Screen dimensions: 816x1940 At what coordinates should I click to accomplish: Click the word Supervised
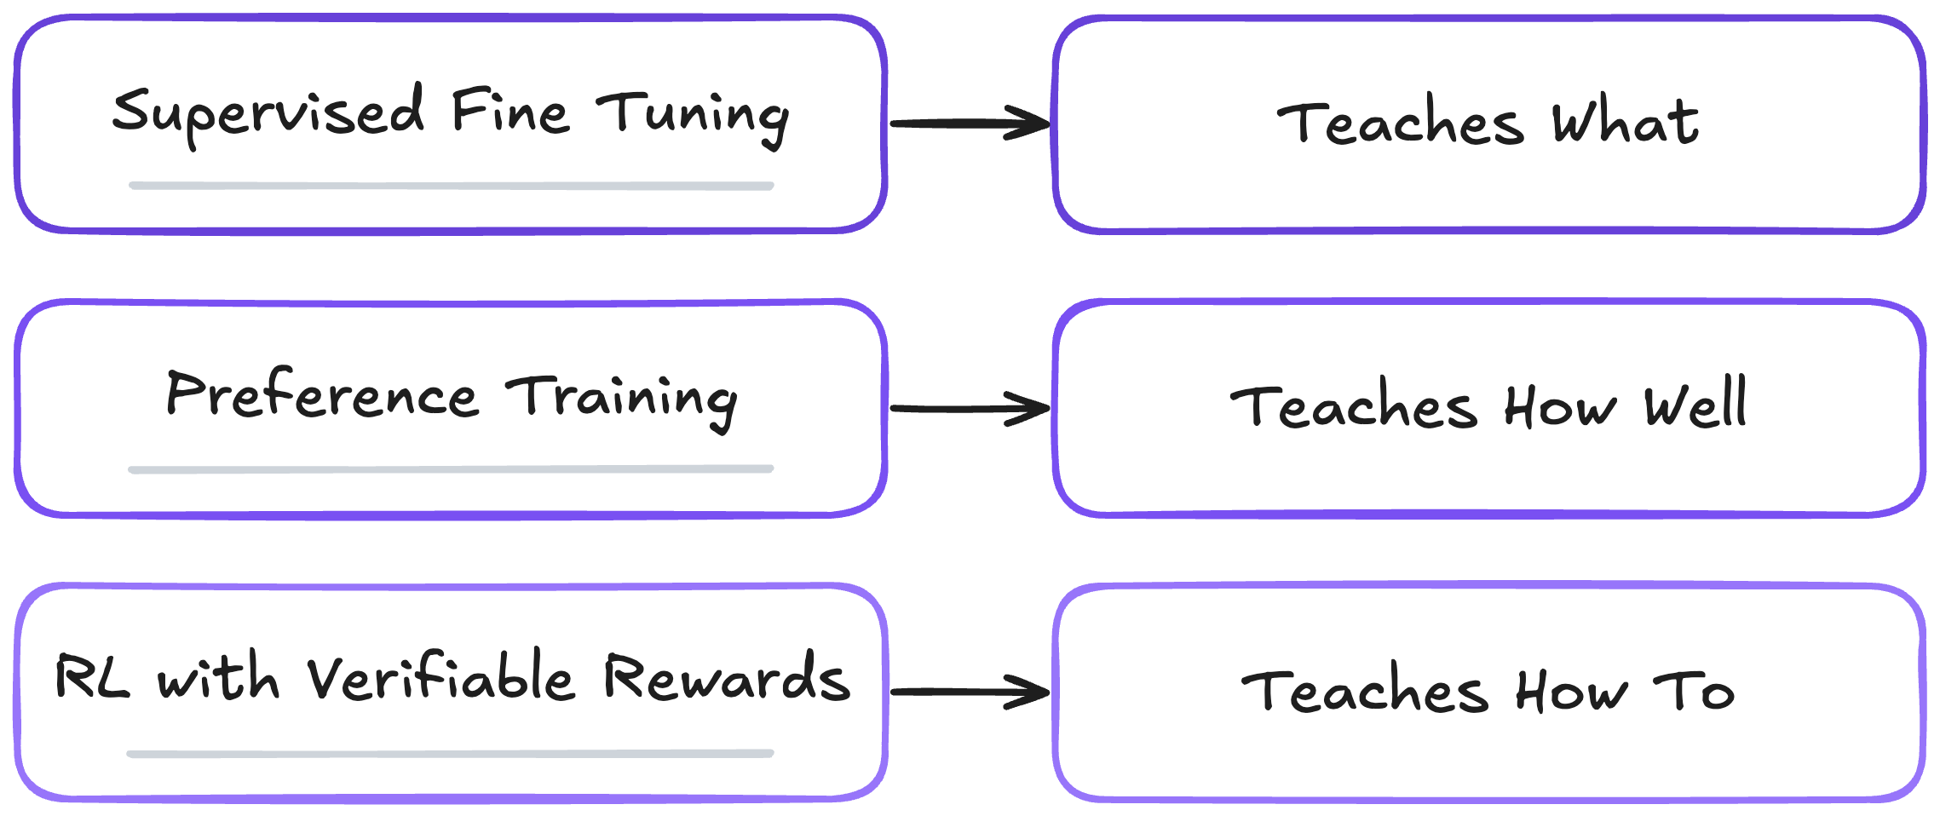tap(268, 113)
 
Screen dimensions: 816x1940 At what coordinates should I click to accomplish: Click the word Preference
tap(321, 395)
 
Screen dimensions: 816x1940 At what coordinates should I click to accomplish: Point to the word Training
tap(621, 398)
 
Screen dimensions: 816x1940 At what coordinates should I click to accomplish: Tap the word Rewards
tap(727, 679)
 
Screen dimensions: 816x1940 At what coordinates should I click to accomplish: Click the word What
tap(1625, 123)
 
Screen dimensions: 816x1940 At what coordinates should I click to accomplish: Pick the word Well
tap(1695, 404)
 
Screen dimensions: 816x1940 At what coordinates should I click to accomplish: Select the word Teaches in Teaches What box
tap(1400, 123)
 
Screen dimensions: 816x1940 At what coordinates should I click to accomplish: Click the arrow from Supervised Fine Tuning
tap(970, 124)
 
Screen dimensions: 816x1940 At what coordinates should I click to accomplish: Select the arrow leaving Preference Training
tap(970, 409)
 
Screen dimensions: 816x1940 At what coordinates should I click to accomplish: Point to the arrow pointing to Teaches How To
tap(970, 692)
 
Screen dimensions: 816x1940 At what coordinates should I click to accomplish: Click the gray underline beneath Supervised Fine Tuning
tap(451, 186)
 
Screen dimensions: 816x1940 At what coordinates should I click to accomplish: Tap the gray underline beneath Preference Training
tap(451, 469)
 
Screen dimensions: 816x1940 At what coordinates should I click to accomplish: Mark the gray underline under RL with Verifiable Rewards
tap(451, 754)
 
